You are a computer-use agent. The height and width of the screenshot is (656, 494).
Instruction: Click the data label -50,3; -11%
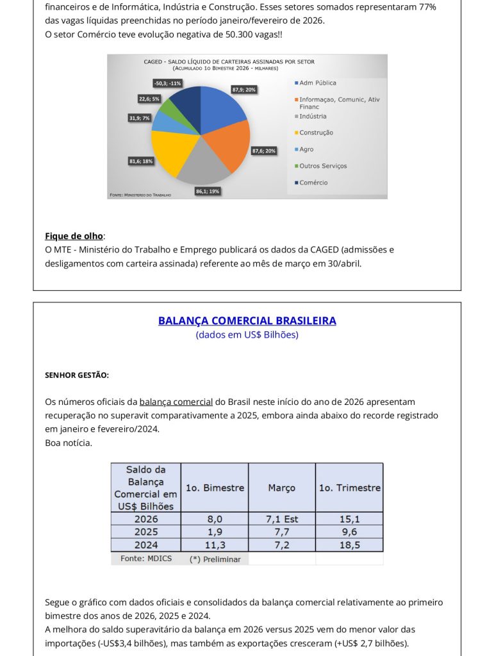coord(167,83)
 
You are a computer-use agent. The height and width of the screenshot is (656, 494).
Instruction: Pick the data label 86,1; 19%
coord(208,191)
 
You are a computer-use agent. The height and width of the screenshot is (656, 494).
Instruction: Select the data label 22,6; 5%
coord(149,99)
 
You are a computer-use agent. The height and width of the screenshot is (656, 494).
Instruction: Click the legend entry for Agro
coord(306,149)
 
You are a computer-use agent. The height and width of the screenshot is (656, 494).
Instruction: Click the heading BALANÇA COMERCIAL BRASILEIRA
coord(247,321)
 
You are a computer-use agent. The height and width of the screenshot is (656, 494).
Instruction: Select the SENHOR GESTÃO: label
coord(77,375)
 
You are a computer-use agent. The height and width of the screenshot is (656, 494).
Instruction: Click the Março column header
coord(282,488)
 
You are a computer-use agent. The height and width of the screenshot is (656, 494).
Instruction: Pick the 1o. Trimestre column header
coord(350,488)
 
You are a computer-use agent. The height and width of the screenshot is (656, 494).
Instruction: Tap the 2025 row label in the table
coord(146,532)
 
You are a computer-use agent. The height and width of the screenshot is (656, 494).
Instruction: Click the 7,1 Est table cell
coord(282,519)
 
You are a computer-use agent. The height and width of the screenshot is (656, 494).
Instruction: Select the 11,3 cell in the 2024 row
coord(215,545)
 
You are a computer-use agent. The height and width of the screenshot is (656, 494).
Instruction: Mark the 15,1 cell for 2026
coord(350,519)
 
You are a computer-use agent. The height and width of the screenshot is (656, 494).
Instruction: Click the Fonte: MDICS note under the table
coord(142,559)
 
